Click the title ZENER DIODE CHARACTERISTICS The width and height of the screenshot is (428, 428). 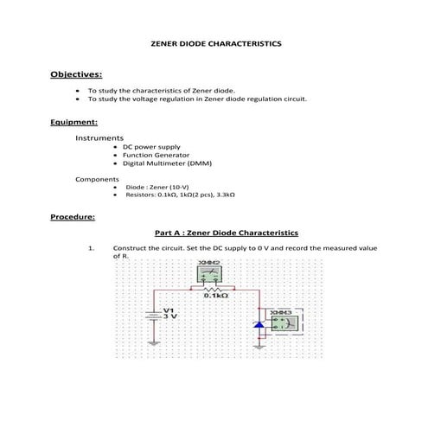pyautogui.click(x=215, y=42)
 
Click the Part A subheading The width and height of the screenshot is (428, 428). pyautogui.click(x=226, y=233)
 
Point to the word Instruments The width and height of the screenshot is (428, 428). pyautogui.click(x=99, y=138)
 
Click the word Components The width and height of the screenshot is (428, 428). pyautogui.click(x=98, y=178)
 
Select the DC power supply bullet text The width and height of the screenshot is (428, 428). pyautogui.click(x=151, y=147)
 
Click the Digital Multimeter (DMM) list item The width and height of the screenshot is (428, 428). pyautogui.click(x=167, y=163)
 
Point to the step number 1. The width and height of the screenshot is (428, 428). pyautogui.click(x=91, y=248)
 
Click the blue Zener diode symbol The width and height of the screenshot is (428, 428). pyautogui.click(x=257, y=325)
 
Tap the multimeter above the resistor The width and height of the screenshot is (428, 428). pyautogui.click(x=208, y=274)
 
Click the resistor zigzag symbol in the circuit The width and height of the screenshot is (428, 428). pyautogui.click(x=208, y=289)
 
